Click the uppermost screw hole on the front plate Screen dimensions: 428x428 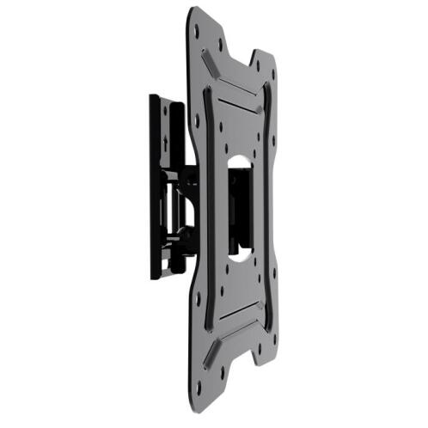198,28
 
